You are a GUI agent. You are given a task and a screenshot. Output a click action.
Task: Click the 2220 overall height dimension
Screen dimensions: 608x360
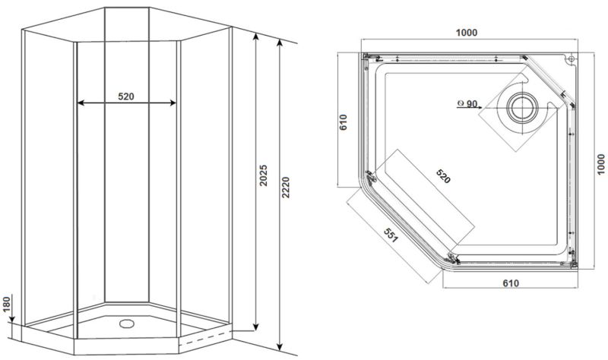286,188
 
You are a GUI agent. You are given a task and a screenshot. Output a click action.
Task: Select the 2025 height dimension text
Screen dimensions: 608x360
264,175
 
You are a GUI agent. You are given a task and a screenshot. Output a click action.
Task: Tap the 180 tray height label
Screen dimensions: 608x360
6,305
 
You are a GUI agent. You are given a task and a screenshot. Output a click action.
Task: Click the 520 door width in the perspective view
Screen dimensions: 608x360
126,96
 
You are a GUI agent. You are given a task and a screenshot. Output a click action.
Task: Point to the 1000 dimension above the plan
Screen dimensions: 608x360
467,33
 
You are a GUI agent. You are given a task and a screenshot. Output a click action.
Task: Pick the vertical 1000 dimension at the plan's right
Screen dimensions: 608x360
601,164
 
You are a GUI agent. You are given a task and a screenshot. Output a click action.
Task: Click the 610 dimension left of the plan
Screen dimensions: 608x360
344,122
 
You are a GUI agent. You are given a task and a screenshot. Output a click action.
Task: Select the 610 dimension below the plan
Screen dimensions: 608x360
511,283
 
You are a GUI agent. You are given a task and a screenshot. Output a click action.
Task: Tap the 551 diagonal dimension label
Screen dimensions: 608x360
391,235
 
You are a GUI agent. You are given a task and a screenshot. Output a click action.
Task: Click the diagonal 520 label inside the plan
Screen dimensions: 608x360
443,176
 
